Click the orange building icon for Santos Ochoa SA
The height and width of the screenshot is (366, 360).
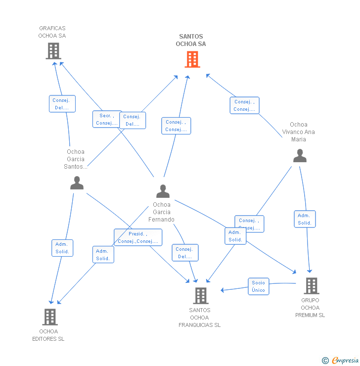pos(192,59)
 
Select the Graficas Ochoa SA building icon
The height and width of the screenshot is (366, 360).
pos(53,50)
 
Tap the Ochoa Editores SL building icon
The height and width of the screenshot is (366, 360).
pos(50,317)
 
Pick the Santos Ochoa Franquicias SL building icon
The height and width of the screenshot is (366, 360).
pos(200,295)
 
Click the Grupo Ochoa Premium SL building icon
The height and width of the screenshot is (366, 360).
pos(311,285)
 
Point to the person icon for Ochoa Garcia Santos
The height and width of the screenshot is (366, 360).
pos(77,183)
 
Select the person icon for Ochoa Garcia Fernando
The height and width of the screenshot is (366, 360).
pos(163,191)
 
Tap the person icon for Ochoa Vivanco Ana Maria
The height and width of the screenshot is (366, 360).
pos(300,156)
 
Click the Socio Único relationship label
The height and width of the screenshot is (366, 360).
pos(258,286)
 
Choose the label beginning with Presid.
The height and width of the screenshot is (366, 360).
pos(138,237)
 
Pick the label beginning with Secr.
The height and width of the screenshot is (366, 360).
pos(107,119)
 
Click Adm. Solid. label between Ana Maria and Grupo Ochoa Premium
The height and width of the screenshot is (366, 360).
pos(305,219)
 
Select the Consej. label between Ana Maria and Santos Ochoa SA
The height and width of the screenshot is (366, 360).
pos(244,105)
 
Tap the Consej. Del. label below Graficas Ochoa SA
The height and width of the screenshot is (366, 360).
pos(62,104)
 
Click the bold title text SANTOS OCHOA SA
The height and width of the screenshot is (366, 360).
pos(191,40)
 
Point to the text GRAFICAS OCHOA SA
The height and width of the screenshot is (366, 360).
pos(52,32)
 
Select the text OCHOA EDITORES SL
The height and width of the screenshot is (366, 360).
pos(48,335)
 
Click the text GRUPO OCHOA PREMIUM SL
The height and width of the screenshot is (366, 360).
pos(310,308)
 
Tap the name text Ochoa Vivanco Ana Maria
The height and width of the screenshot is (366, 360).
pos(299,132)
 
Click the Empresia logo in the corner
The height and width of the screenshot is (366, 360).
pos(341,360)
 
